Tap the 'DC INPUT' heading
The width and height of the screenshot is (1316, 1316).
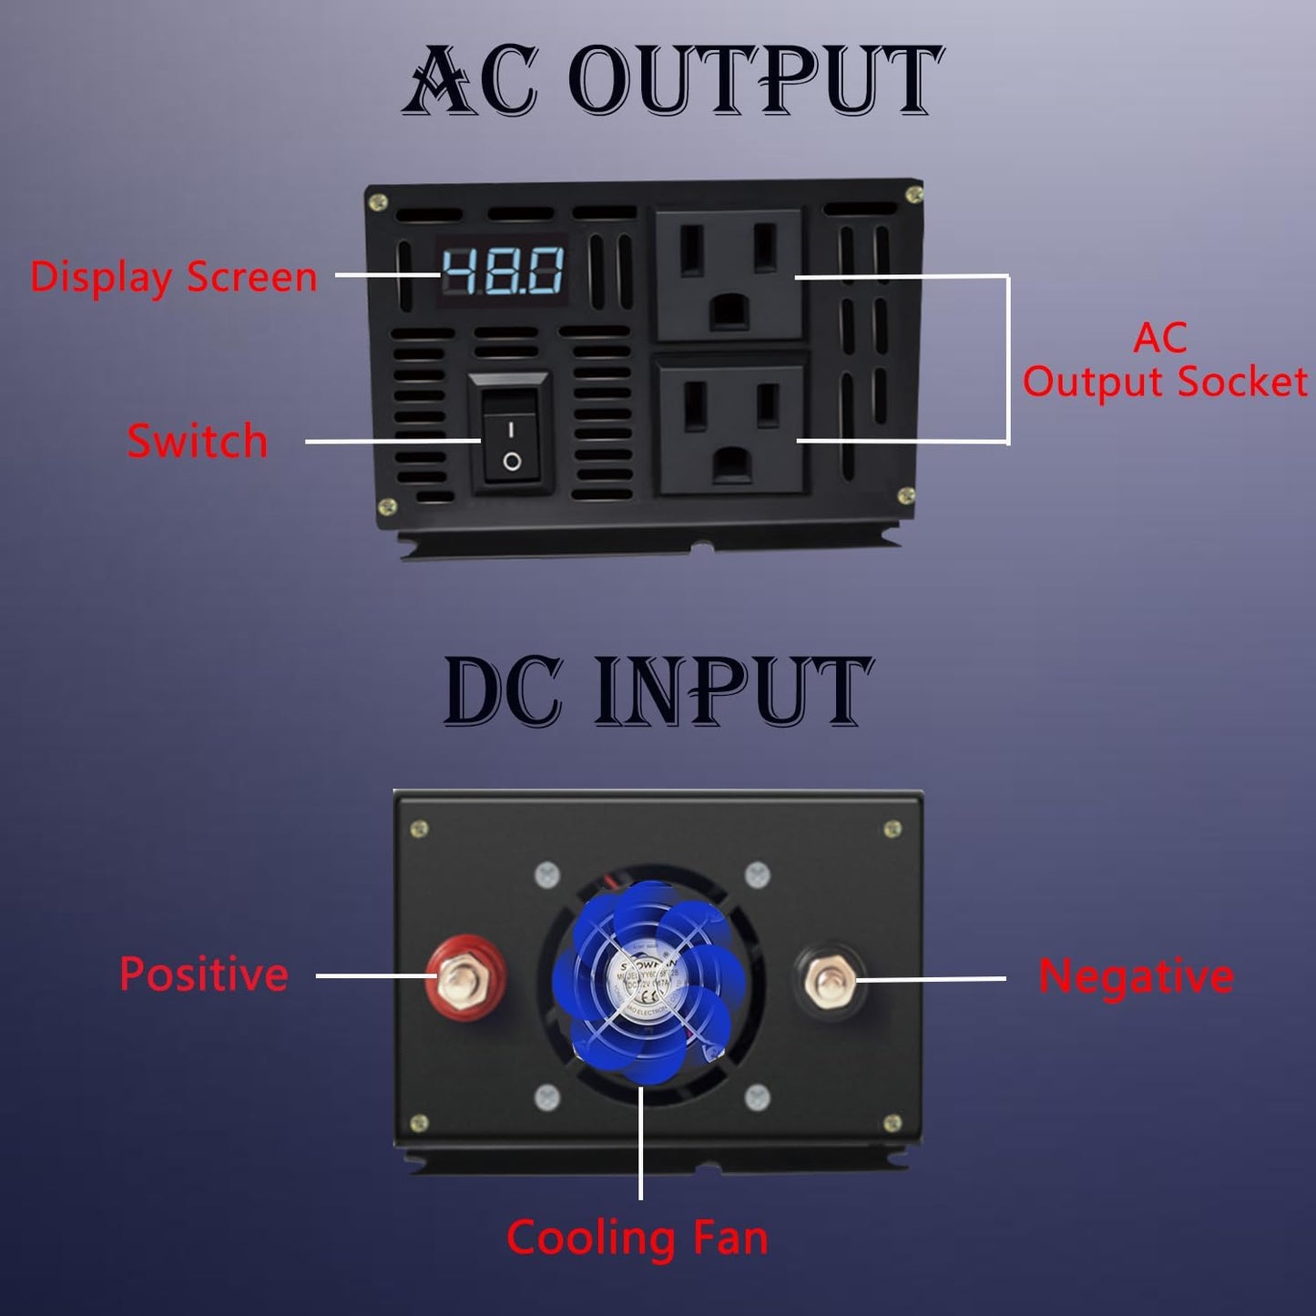[658, 691]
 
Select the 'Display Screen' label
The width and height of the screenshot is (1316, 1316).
[173, 277]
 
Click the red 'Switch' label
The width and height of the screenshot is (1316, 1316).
[198, 441]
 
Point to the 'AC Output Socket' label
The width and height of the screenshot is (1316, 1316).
[1164, 361]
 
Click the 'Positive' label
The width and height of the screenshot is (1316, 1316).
[204, 974]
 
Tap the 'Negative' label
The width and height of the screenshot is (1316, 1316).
[1136, 976]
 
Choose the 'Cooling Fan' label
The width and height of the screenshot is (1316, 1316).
[638, 1239]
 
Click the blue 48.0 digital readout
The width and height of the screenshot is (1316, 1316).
[503, 270]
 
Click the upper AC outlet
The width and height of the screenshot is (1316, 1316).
[729, 274]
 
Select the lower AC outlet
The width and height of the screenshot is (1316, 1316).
[730, 428]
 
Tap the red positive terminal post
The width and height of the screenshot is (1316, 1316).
[465, 981]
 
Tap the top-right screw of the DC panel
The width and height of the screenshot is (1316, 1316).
[893, 829]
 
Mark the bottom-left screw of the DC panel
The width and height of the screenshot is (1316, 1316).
[419, 1123]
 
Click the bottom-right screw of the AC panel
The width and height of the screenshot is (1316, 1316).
[906, 495]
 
